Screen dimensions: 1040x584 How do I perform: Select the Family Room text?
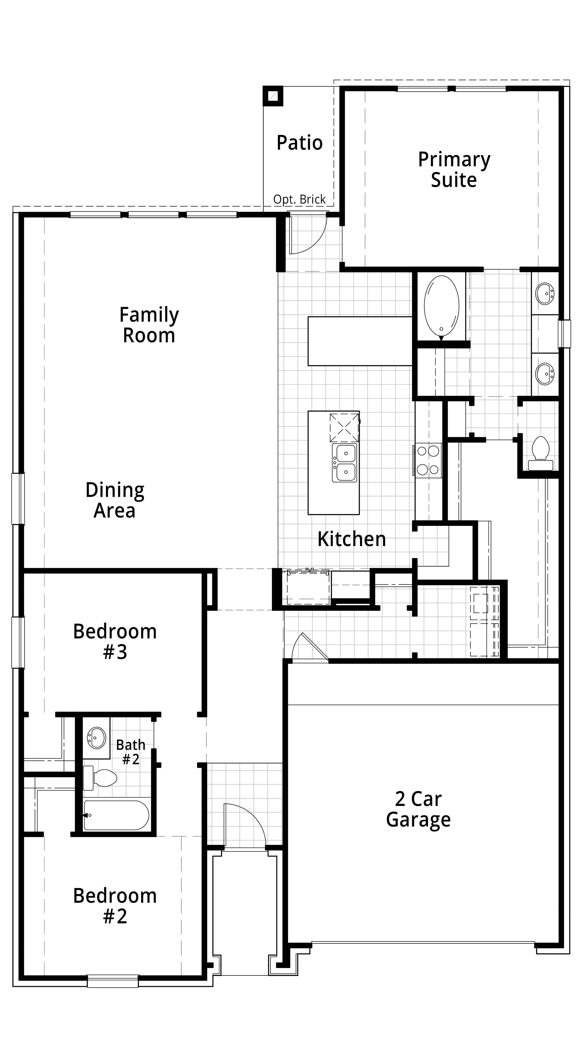149,325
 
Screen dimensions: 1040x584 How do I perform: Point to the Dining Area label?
115,500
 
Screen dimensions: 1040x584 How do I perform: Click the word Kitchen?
351,539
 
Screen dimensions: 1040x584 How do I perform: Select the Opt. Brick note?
299,200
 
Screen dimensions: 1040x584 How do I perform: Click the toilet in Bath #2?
101,778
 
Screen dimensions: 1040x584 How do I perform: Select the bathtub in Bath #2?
116,815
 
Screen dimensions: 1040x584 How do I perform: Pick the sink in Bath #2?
96,738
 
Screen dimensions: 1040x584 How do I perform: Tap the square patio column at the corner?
273,96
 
